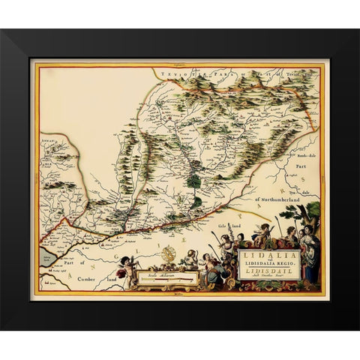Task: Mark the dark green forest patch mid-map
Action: pos(193,179)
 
